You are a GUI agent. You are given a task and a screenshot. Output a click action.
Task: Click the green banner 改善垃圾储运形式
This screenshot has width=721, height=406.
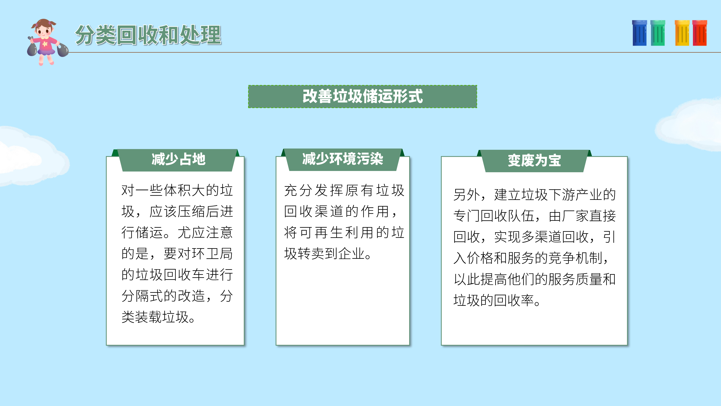[x=362, y=96]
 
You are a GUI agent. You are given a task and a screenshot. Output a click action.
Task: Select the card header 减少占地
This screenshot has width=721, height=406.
[x=178, y=160]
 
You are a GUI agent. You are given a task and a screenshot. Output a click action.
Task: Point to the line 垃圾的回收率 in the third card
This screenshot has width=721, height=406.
[x=494, y=300]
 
